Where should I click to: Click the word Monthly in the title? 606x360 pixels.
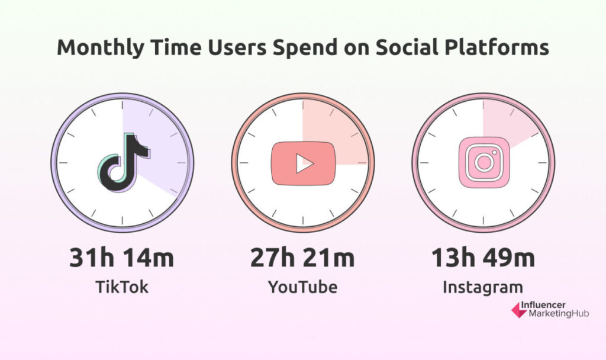(101, 48)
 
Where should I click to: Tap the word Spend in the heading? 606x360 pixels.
(305, 48)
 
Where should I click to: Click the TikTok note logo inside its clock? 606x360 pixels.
(124, 162)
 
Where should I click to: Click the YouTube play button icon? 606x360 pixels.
(304, 163)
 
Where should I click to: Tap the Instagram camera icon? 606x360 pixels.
(484, 162)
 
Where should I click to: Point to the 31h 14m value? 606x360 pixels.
(122, 258)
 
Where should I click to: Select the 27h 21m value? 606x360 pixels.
(302, 258)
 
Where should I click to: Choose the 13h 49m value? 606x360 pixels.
(483, 258)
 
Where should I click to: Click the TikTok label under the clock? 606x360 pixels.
(122, 287)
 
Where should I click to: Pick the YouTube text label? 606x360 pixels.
(302, 287)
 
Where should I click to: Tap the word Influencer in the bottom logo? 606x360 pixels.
(543, 305)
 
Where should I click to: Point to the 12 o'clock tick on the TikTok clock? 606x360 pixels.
(123, 105)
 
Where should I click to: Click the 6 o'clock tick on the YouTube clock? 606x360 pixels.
(302, 220)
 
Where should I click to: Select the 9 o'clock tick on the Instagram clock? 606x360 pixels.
(424, 163)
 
